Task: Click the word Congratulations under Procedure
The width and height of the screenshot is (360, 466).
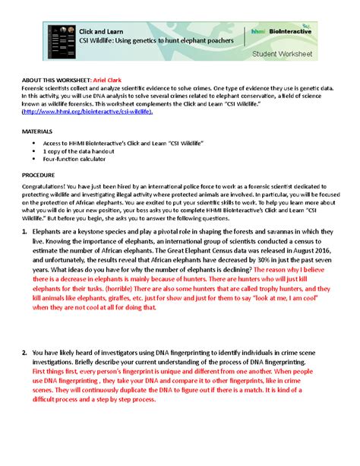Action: click(x=44, y=184)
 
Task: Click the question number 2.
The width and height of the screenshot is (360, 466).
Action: click(x=25, y=353)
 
